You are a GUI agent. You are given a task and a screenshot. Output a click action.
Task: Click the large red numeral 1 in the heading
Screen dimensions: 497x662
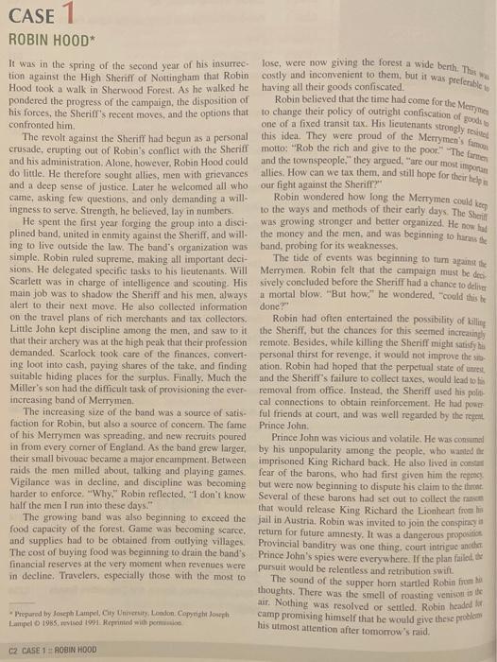coord(67,16)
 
